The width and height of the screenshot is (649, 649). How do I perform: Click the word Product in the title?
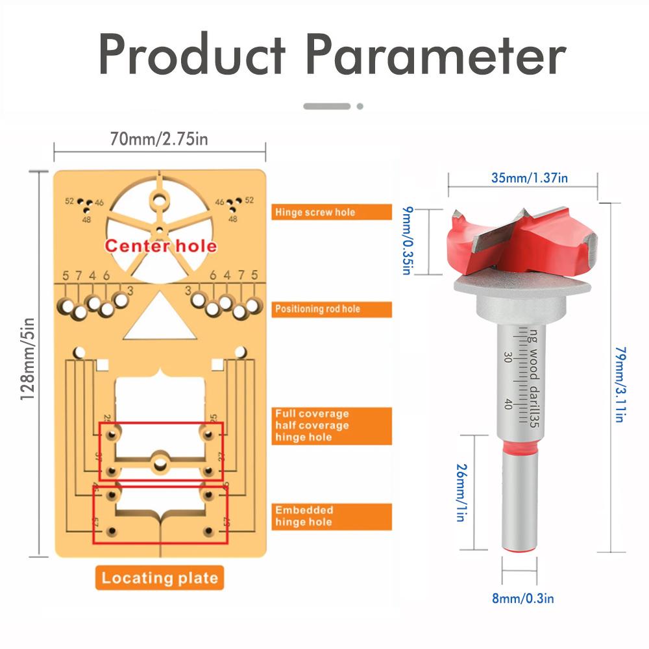(192, 55)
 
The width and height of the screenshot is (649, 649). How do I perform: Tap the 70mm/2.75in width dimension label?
(159, 138)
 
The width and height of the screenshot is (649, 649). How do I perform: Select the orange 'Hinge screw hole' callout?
(331, 212)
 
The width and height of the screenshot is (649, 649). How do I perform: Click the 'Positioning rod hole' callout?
(331, 309)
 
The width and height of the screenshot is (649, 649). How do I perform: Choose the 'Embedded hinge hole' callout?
(331, 516)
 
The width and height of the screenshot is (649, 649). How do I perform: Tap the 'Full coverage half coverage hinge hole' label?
(331, 425)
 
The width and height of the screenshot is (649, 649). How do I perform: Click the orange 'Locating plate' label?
(159, 578)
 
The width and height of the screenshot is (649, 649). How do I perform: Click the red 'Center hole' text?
(161, 246)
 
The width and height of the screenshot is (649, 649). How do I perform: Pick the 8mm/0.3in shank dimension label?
(522, 599)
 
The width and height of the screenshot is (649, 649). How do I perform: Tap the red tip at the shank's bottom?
(521, 549)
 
